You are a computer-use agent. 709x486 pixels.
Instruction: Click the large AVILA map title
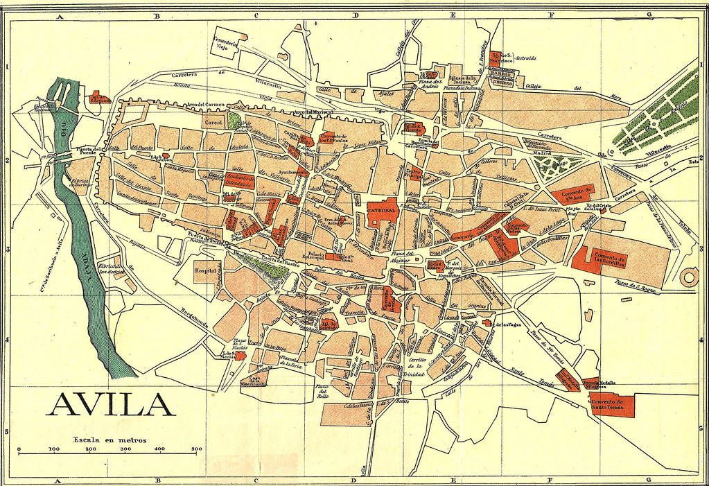[x=110, y=404]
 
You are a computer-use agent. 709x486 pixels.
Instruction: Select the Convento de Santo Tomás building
[x=612, y=405]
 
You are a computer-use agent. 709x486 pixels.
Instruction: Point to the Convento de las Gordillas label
[x=613, y=259]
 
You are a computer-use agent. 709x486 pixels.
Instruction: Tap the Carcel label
[x=212, y=122]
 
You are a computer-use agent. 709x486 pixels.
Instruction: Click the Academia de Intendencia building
[x=238, y=183]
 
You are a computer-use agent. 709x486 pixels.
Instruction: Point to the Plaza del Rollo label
[x=322, y=391]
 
